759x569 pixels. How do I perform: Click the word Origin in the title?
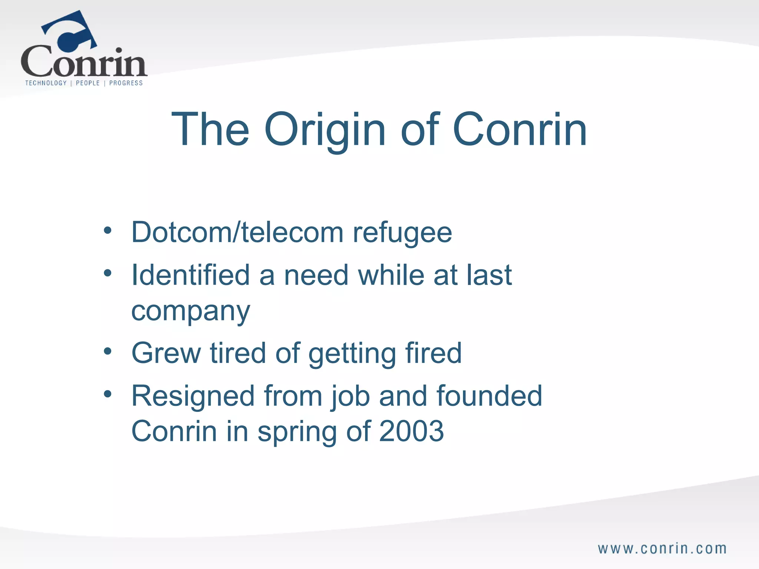pos(325,130)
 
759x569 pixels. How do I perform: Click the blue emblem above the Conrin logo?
pos(70,31)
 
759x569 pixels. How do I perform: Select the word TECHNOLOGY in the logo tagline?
pos(46,83)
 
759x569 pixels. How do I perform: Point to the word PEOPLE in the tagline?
pos(88,83)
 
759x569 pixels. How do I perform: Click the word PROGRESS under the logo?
pos(126,83)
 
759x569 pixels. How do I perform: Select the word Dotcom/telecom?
pos(237,233)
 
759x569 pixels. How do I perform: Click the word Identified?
pos(190,275)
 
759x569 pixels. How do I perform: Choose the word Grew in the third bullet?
pos(166,353)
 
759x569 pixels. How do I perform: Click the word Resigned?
pos(193,396)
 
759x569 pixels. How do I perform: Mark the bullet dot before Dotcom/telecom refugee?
pos(107,231)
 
